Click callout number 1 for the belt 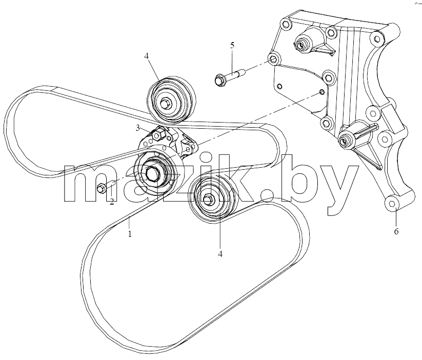(130, 234)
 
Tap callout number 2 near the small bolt (112, 201)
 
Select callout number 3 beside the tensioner (138, 128)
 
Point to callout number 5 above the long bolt (232, 45)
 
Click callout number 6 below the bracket (396, 231)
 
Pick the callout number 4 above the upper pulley (146, 56)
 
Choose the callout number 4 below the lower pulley (220, 254)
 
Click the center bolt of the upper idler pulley (164, 103)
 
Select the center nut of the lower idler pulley (207, 200)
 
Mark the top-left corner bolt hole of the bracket (286, 24)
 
